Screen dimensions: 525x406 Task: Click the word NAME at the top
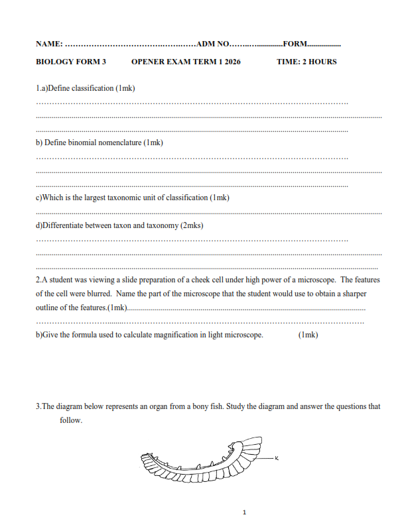click(48, 44)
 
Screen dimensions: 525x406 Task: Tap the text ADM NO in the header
click(213, 44)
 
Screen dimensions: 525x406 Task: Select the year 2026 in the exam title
click(232, 62)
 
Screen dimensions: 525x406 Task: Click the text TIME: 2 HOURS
click(306, 62)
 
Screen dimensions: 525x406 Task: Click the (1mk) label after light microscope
click(308, 335)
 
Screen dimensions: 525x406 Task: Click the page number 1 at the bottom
click(245, 512)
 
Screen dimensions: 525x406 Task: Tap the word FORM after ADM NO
click(295, 44)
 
